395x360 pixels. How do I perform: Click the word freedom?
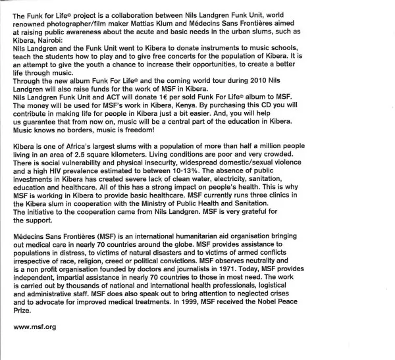point(172,134)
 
